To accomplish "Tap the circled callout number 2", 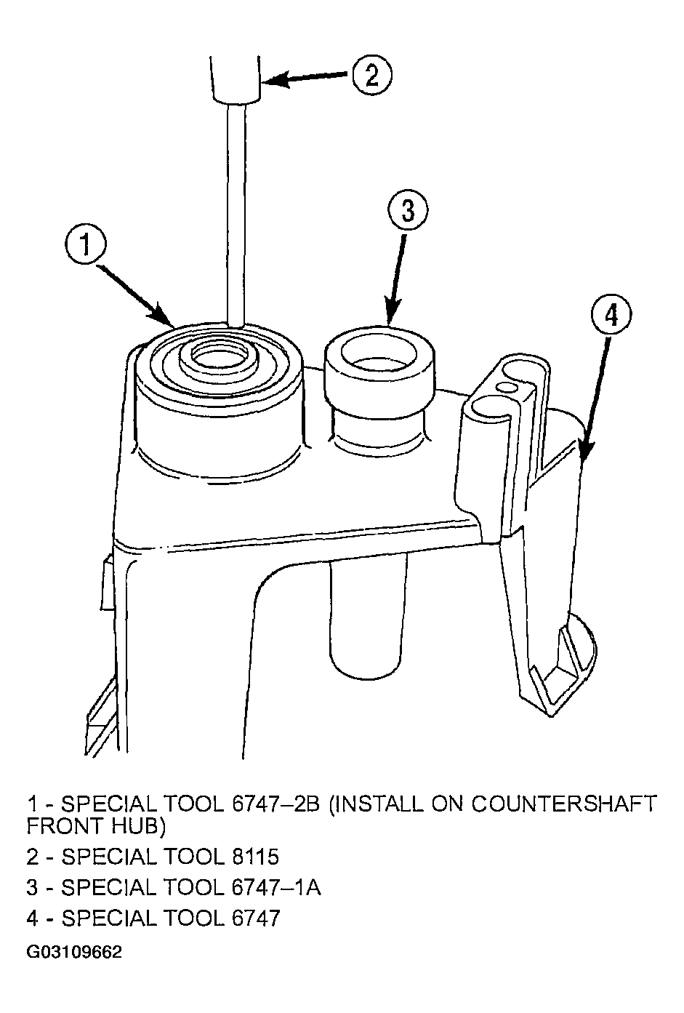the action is (372, 75).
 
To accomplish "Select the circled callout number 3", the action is (407, 211).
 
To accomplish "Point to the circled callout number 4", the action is (611, 316).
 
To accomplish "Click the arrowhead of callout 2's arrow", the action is (272, 81).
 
